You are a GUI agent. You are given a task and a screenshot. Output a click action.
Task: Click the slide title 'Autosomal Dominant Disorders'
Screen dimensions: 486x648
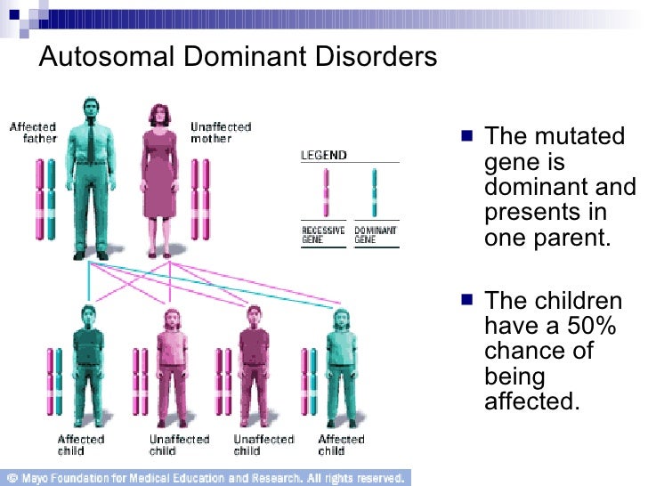[239, 58]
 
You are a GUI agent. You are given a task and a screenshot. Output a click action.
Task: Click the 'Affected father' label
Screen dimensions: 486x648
[33, 133]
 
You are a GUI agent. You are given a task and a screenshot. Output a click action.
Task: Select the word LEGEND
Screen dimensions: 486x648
[323, 155]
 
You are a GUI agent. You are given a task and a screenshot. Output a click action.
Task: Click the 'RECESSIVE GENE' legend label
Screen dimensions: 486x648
[323, 235]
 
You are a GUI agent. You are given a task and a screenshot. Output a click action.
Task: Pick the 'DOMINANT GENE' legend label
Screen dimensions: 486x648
[375, 235]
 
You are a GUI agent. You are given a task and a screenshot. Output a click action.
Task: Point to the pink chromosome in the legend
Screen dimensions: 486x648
[326, 192]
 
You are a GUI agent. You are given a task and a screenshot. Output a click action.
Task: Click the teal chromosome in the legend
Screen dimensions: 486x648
[375, 192]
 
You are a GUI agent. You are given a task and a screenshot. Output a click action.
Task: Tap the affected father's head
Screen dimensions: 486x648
[92, 109]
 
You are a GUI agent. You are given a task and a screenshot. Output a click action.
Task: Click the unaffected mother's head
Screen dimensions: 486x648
[161, 113]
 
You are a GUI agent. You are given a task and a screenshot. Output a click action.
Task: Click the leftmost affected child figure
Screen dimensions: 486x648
[88, 365]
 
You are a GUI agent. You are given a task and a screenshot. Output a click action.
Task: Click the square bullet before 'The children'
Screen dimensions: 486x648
[468, 301]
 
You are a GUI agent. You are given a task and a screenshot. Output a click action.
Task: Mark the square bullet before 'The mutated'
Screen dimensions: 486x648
[468, 137]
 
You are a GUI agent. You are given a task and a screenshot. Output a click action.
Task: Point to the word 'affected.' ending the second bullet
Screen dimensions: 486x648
[531, 401]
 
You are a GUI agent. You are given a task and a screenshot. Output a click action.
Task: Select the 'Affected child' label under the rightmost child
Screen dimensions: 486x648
[341, 445]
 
